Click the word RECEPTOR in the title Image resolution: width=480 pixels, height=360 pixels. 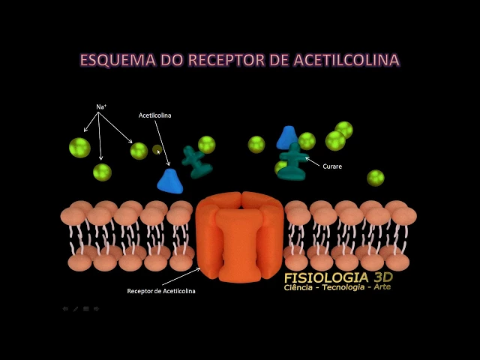(226, 59)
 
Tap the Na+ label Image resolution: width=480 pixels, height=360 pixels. (101, 107)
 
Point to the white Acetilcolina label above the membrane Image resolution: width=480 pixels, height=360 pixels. (154, 115)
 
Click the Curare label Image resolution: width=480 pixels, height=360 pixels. (331, 166)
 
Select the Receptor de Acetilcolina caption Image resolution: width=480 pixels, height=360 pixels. (161, 291)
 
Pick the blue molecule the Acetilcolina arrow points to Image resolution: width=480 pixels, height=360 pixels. (169, 181)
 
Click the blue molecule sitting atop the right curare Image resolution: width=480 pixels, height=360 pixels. (286, 138)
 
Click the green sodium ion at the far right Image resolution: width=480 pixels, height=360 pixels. (376, 178)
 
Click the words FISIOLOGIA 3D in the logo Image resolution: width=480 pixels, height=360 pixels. (337, 277)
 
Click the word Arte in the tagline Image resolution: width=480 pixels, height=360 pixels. (381, 287)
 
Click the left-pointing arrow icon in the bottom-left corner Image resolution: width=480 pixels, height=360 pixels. (65, 308)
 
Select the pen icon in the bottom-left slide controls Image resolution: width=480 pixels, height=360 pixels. (76, 308)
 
